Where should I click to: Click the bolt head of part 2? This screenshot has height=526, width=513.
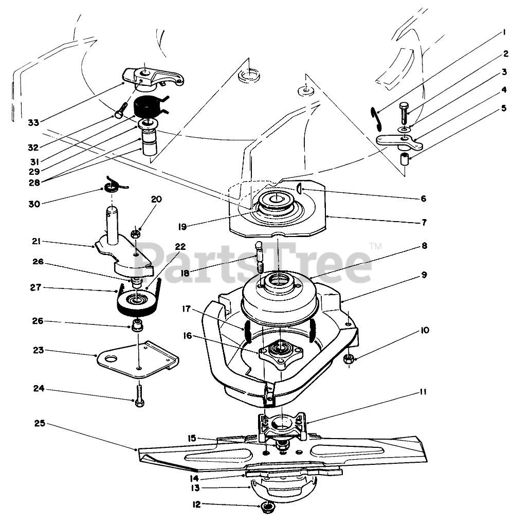(404, 110)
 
